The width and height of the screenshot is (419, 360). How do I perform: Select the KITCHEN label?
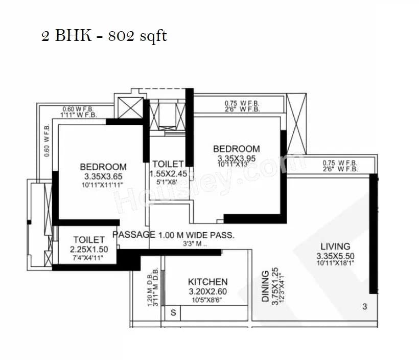tap(207, 282)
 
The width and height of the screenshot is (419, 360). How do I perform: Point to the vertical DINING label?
tap(265, 286)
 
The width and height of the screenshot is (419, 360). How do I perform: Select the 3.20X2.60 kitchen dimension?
tap(207, 291)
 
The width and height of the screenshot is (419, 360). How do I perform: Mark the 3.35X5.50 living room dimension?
tap(335, 256)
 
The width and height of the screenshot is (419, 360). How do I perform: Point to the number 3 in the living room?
tap(364, 307)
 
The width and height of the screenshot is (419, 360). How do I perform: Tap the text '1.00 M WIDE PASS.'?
tap(196, 235)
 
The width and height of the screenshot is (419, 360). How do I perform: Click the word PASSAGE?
tap(134, 235)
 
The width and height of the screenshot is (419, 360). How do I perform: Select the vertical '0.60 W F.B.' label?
tap(47, 140)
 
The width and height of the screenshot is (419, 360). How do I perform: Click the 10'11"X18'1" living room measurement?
tap(335, 263)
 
